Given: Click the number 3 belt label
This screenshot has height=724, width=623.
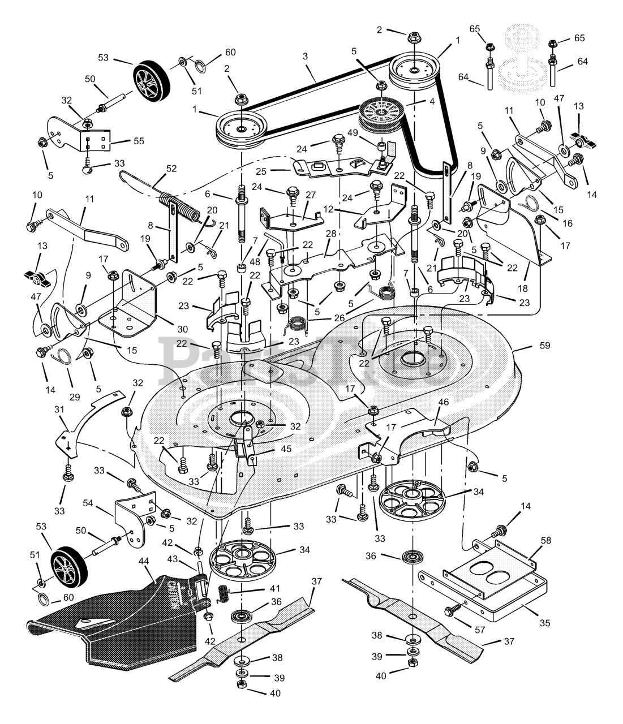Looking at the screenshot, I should pyautogui.click(x=305, y=57).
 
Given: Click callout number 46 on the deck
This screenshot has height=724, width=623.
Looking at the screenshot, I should pyautogui.click(x=443, y=403).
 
